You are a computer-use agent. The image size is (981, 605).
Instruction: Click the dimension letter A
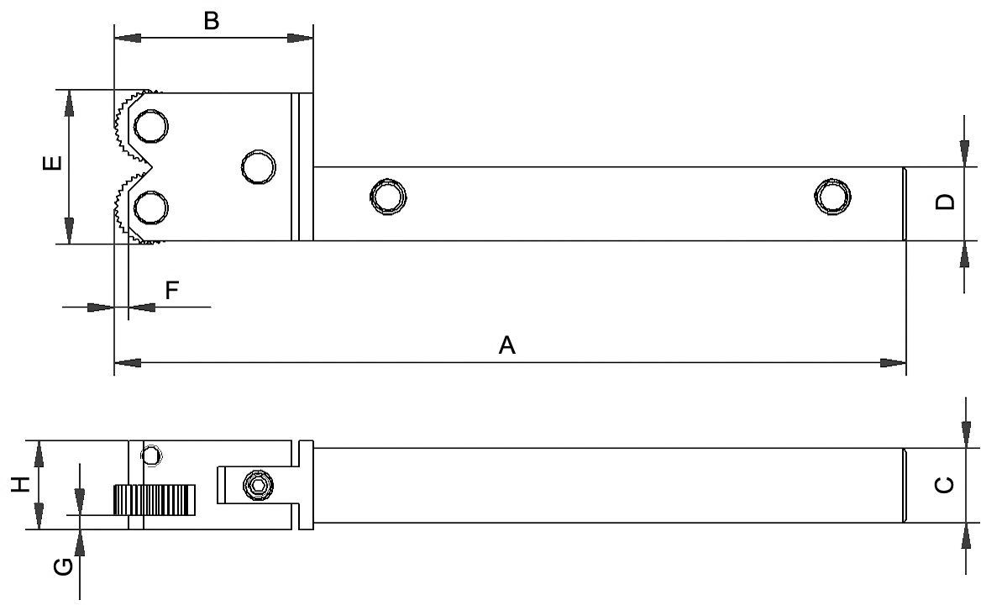pyautogui.click(x=506, y=345)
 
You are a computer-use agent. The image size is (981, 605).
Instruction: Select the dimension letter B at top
pyautogui.click(x=212, y=21)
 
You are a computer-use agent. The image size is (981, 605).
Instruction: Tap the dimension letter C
pyautogui.click(x=945, y=485)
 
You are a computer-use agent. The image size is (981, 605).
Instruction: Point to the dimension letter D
pyautogui.click(x=945, y=202)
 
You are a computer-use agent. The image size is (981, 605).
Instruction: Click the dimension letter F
pyautogui.click(x=172, y=290)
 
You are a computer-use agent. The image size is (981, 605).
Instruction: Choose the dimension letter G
pyautogui.click(x=63, y=567)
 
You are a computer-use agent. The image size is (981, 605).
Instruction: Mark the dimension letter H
pyautogui.click(x=21, y=484)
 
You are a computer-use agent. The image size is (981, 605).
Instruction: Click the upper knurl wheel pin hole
pyautogui.click(x=151, y=126)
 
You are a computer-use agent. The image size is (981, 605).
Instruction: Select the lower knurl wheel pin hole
pyautogui.click(x=151, y=208)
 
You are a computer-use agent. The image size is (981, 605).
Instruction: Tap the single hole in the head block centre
pyautogui.click(x=259, y=167)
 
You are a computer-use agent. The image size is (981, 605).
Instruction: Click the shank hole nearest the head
pyautogui.click(x=388, y=197)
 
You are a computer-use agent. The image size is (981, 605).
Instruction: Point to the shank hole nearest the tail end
pyautogui.click(x=832, y=197)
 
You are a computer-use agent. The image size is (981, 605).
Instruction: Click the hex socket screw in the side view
pyautogui.click(x=259, y=485)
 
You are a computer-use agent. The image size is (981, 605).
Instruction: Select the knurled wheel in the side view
pyautogui.click(x=154, y=500)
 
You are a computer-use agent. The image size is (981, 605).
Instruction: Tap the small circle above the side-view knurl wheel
pyautogui.click(x=151, y=455)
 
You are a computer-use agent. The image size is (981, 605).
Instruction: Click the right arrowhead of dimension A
pyautogui.click(x=893, y=363)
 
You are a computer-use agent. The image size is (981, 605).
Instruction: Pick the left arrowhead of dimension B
pyautogui.click(x=128, y=38)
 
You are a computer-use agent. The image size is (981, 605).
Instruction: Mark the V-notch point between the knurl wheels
pyautogui.click(x=153, y=167)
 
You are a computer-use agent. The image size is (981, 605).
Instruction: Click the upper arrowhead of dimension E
pyautogui.click(x=70, y=103)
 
